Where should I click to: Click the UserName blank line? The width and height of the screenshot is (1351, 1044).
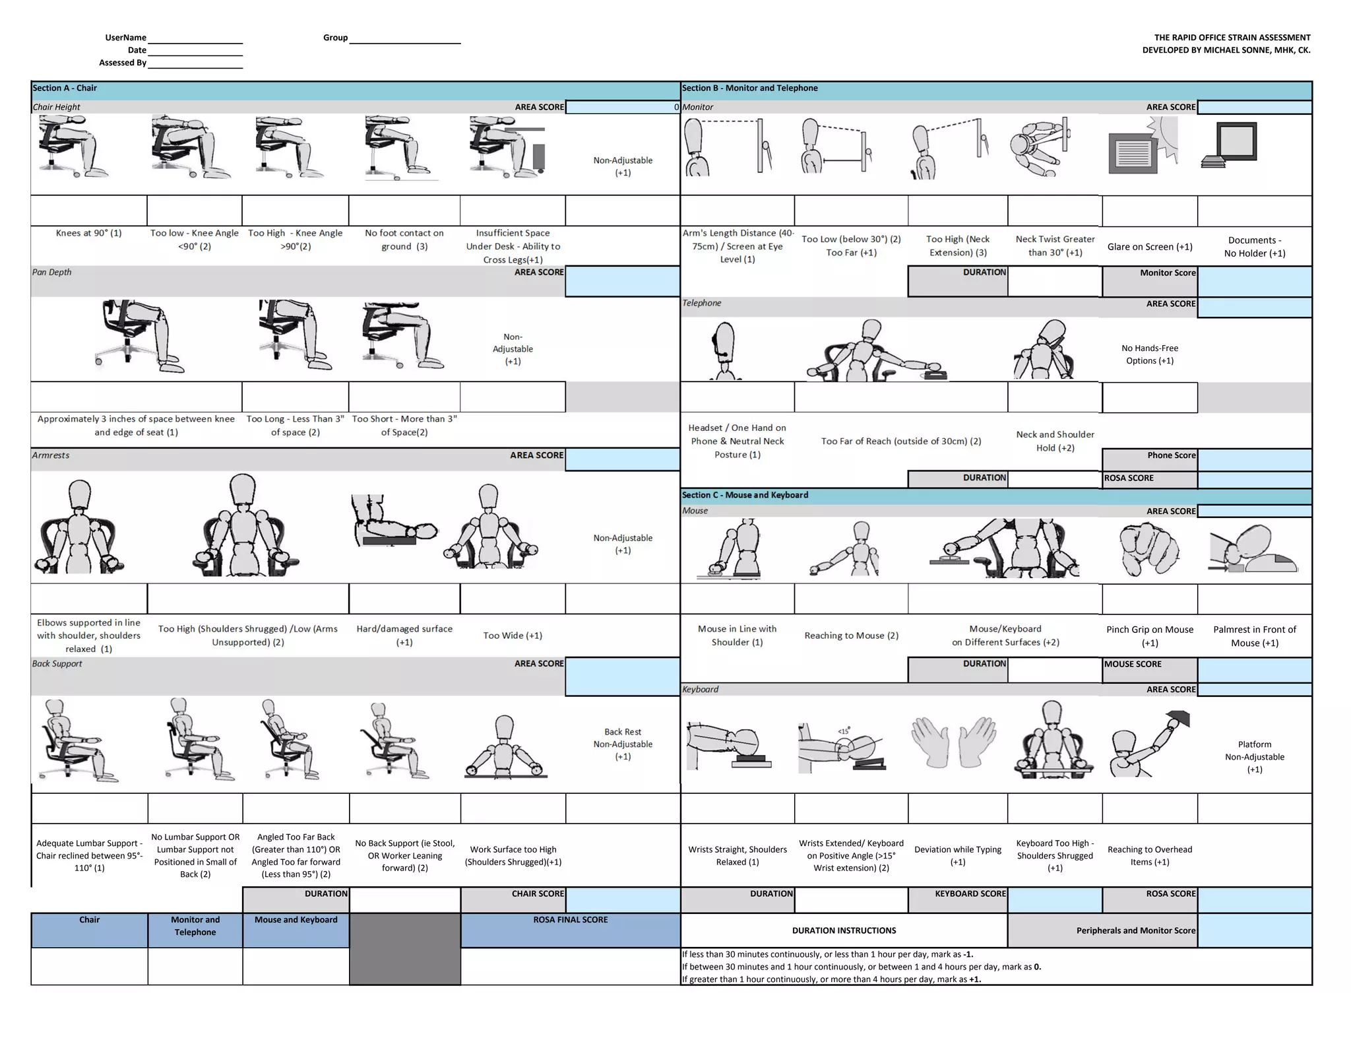[195, 38]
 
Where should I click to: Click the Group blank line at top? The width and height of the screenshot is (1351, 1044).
[404, 38]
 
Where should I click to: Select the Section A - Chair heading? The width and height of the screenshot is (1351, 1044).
[65, 88]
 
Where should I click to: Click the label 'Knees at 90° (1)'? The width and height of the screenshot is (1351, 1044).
[89, 233]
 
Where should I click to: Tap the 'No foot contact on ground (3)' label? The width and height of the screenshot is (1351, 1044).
[404, 240]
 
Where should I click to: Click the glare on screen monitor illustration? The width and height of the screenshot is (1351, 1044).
[1143, 147]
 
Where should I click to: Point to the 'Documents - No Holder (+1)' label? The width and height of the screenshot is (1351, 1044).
[1254, 247]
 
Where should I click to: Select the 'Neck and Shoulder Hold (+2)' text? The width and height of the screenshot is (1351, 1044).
[1055, 441]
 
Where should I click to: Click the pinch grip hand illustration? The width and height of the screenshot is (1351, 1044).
[1148, 550]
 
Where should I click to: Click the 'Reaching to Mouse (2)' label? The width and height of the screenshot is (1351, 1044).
[851, 636]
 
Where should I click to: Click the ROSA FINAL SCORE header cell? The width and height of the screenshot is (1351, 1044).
[570, 920]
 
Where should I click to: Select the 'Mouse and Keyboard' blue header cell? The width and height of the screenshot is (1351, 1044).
[296, 920]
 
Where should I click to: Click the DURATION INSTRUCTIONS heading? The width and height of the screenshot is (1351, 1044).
[844, 930]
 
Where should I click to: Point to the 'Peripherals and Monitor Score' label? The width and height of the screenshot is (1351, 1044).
[1135, 930]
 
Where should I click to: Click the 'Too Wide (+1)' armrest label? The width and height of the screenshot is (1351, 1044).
[513, 636]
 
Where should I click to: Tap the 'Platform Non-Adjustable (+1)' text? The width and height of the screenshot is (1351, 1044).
[1254, 757]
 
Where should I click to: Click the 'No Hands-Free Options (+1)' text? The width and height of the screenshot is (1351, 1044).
[1149, 354]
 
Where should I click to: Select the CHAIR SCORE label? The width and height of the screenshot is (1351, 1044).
[538, 894]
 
